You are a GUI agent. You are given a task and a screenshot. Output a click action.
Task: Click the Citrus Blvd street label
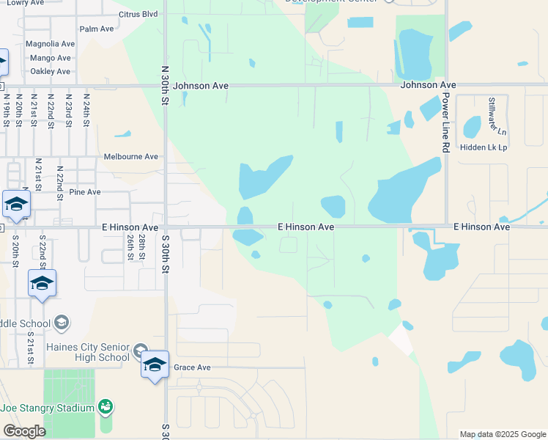(138, 14)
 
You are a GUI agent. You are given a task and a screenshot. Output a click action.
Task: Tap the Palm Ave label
(97, 29)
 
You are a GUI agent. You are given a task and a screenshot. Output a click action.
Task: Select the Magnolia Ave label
(51, 44)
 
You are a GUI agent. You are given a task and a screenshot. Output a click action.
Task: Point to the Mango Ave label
(51, 57)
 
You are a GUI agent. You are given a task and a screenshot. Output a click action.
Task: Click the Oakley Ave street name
(51, 71)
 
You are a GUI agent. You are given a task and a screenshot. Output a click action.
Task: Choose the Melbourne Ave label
(131, 156)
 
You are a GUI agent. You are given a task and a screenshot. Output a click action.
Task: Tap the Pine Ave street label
(85, 192)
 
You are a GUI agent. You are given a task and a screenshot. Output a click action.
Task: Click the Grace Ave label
(193, 367)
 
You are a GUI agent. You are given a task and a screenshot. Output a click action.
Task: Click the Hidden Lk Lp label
(484, 147)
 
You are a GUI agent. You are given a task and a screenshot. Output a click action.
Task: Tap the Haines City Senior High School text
(88, 352)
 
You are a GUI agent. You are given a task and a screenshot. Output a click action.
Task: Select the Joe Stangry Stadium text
(48, 408)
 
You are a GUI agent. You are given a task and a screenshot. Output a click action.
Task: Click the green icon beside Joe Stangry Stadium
(105, 406)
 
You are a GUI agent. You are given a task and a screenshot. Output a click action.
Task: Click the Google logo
(24, 430)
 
